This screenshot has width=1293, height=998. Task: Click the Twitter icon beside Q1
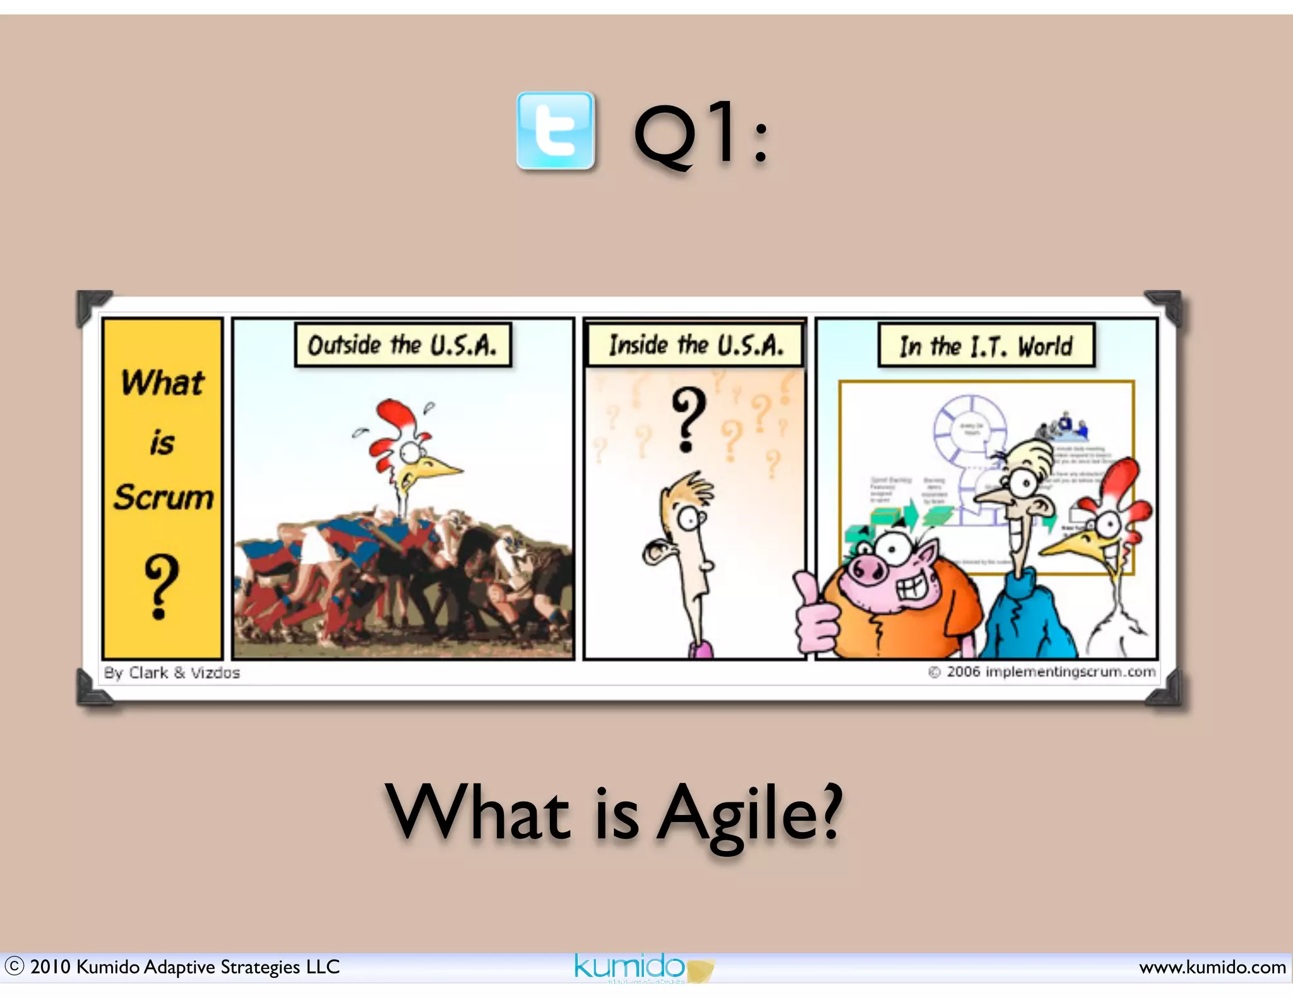click(x=555, y=131)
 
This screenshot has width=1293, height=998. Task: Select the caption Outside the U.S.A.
click(x=403, y=345)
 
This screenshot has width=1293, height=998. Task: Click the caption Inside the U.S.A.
click(x=695, y=345)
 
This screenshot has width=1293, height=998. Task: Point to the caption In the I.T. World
click(x=986, y=346)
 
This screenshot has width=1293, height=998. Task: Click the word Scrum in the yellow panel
click(x=164, y=497)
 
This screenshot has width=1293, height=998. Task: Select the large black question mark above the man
click(x=688, y=419)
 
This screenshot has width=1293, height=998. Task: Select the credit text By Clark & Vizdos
click(x=172, y=673)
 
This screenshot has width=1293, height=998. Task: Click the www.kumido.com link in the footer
click(x=1212, y=967)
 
